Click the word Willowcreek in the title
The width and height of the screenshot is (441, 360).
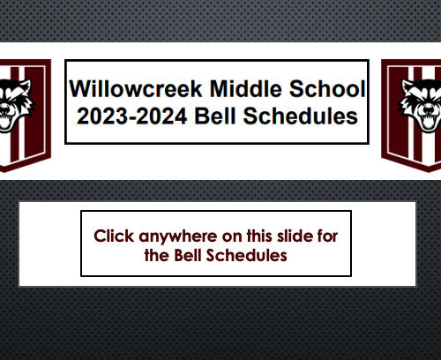coord(136,88)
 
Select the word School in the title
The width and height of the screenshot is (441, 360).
coord(327,88)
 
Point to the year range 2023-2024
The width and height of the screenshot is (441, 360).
coord(131,116)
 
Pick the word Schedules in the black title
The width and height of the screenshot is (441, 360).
coord(301,116)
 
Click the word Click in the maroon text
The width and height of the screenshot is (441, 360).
coord(114,236)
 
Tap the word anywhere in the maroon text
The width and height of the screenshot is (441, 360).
coord(179,237)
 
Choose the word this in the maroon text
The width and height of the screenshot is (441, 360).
coord(259,236)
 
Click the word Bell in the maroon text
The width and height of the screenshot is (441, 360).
coord(188,255)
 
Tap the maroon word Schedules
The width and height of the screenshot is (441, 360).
coord(246,255)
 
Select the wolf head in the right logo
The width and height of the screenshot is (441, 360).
coord(421,105)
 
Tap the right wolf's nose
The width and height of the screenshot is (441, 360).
coord(429,110)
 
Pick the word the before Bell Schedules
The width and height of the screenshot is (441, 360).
coord(157,255)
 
